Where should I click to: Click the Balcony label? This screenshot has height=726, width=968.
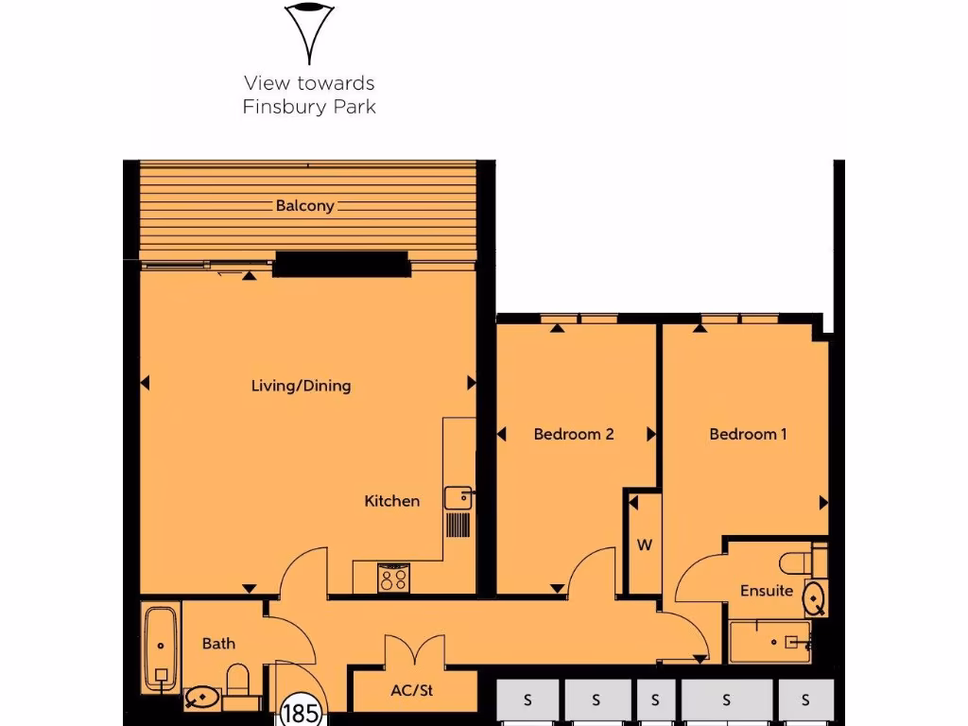coord(304,205)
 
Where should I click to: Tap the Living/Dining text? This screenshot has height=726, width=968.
coord(301,386)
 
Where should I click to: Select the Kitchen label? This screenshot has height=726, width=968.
coord(391,501)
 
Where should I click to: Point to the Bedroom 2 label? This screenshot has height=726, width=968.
coord(574,434)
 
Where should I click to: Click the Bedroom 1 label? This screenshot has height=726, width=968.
coord(748,434)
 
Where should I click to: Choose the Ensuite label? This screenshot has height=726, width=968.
coord(766,591)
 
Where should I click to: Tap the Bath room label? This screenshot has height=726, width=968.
coord(218,644)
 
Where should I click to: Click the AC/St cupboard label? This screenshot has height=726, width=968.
coord(411,691)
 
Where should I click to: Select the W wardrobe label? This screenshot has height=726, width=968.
coord(645,545)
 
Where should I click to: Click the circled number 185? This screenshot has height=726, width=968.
coord(301,712)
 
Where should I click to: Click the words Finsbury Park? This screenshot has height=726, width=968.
coord(309,107)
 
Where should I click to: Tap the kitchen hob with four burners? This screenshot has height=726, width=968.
coord(393,578)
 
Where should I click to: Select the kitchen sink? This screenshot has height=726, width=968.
coord(458,497)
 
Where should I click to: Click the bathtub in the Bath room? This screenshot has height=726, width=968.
coord(162,648)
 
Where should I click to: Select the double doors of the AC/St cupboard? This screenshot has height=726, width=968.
coord(414,651)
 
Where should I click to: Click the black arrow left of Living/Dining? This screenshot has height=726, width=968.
coord(145,383)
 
